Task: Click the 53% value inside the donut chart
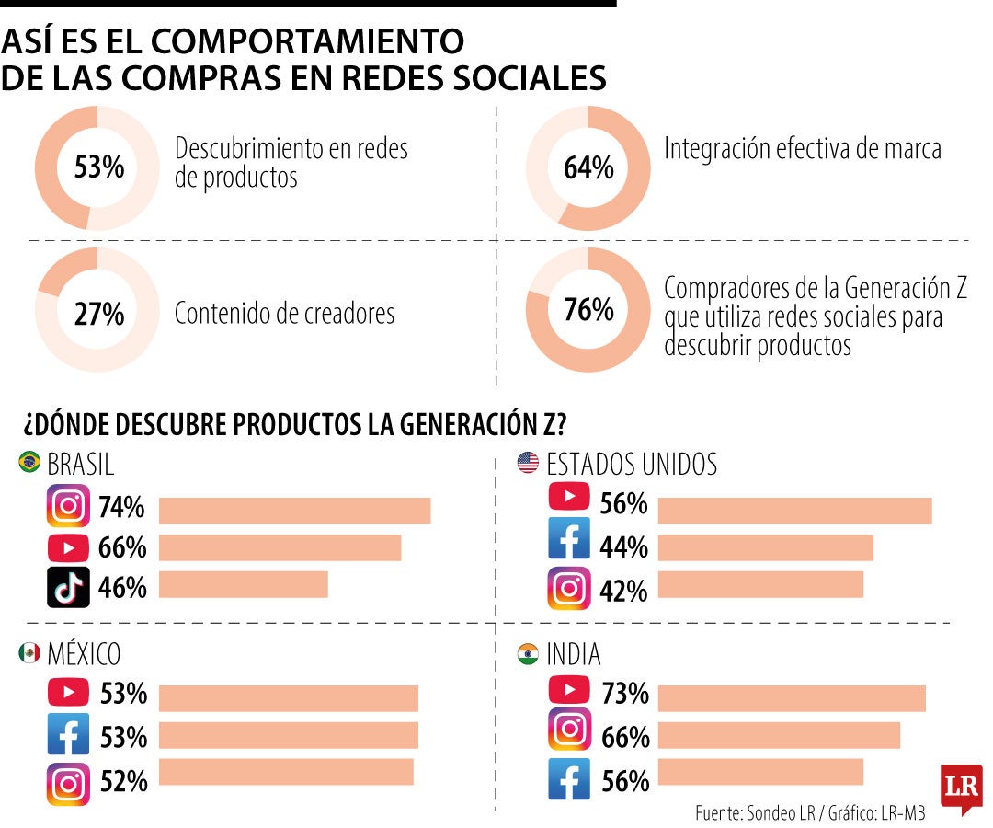98,167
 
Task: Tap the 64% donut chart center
588,167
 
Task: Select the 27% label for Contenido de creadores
98,314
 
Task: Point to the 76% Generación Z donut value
588,310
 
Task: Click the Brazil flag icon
29,462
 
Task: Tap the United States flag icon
528,463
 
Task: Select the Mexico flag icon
29,652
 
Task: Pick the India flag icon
528,653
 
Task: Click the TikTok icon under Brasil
68,587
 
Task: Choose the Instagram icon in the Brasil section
68,506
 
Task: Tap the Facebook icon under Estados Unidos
569,538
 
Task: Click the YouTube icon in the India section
569,689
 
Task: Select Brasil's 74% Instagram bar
294,511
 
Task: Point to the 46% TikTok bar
243,584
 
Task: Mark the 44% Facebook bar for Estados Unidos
766,547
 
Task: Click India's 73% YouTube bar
792,698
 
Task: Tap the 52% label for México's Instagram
123,781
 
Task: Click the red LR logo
962,788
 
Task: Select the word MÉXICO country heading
84,654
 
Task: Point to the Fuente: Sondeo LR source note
755,812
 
